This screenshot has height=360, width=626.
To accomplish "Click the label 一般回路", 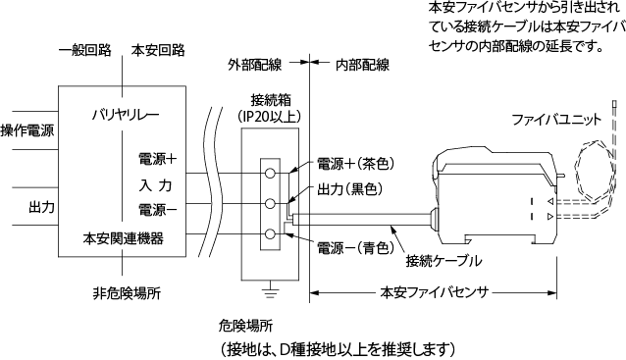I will [84, 50].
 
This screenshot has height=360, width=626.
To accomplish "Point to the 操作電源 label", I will [27, 130].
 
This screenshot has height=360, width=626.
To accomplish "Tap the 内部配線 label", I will [362, 66].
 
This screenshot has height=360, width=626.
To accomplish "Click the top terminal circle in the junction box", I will [270, 173].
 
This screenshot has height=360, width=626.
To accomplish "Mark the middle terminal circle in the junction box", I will [270, 203].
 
